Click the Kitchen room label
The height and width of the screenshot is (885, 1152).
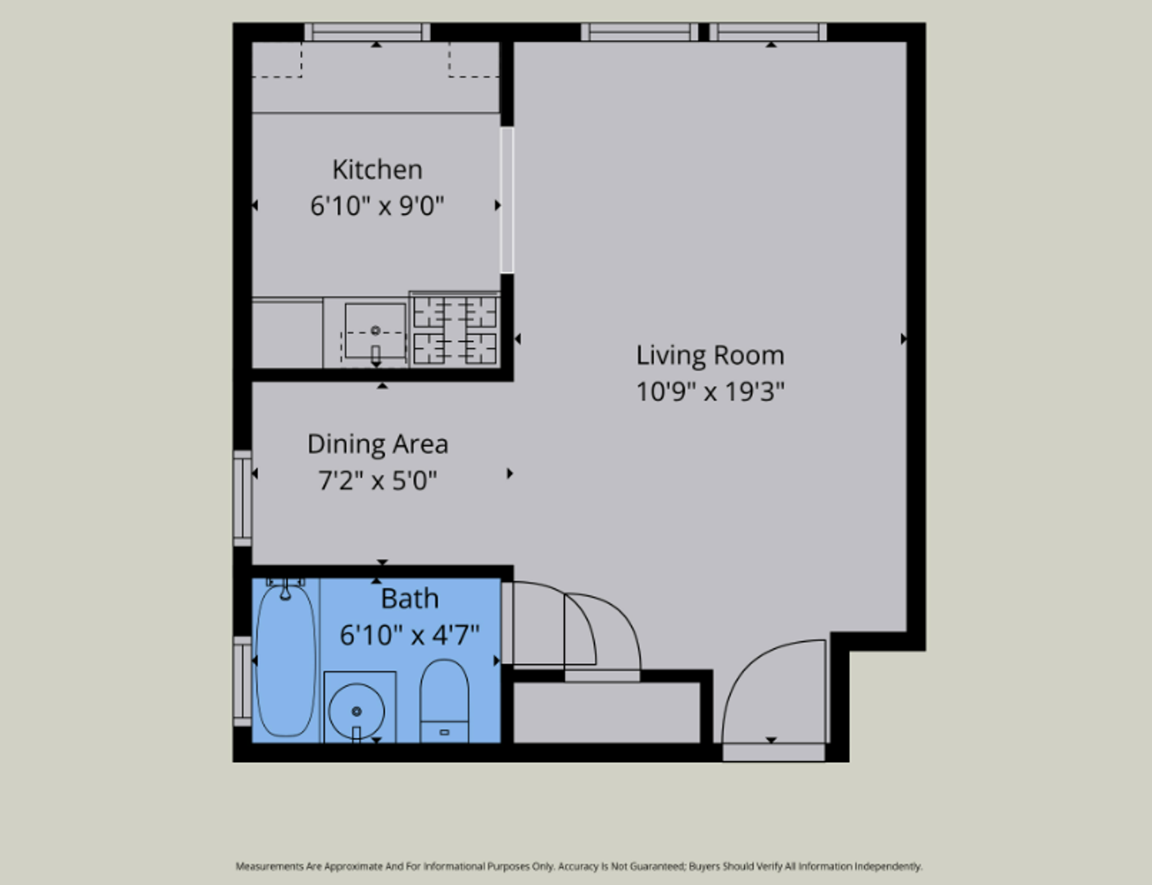click(x=378, y=170)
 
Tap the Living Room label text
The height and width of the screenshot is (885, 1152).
click(x=710, y=356)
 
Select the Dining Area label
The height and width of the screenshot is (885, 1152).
click(x=378, y=444)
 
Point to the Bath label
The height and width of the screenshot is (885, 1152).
click(x=410, y=599)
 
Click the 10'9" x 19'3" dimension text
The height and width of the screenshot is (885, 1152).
click(x=710, y=393)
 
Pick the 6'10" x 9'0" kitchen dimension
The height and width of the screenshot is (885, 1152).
click(x=377, y=206)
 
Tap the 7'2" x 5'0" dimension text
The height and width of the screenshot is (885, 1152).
click(x=378, y=481)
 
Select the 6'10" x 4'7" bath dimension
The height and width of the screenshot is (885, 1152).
click(x=410, y=635)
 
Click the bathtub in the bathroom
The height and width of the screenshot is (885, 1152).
click(x=286, y=660)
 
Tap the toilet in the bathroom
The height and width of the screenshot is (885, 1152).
click(x=444, y=701)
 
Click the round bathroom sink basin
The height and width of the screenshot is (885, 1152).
click(x=356, y=710)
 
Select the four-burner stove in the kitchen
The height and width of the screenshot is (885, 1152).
click(x=455, y=329)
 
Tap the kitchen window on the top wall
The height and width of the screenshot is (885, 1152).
click(x=367, y=32)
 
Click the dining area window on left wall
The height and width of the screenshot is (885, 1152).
click(x=243, y=498)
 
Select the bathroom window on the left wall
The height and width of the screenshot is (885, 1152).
click(x=243, y=682)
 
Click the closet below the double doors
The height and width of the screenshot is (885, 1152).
click(x=606, y=713)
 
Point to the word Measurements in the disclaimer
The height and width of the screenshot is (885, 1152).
click(x=270, y=866)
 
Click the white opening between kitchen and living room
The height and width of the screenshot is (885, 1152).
click(x=507, y=200)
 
